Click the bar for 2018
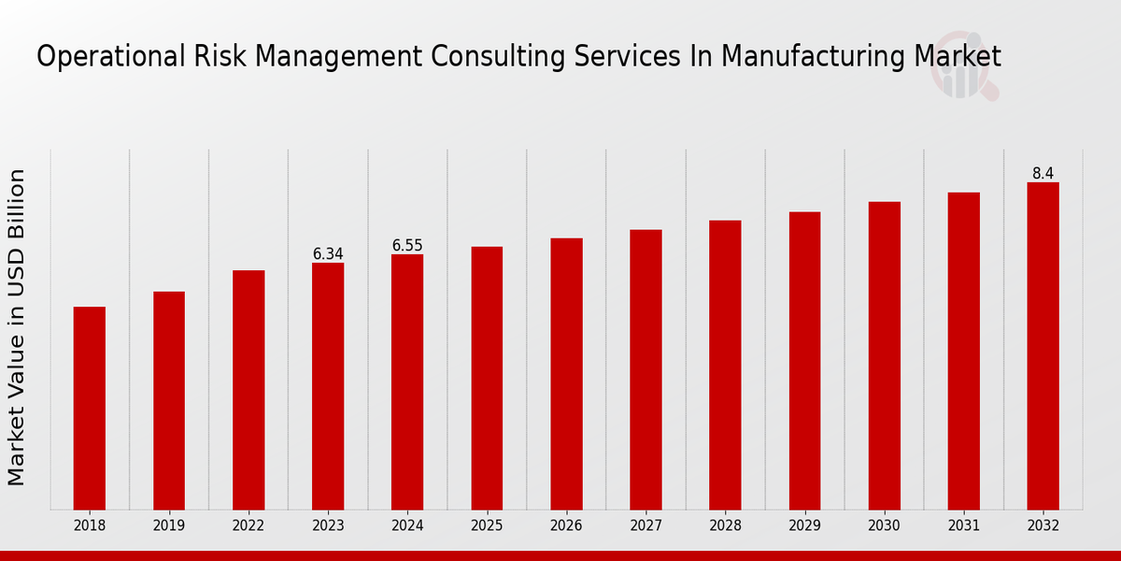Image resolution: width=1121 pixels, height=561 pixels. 90,408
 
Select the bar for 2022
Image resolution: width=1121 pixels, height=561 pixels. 248,390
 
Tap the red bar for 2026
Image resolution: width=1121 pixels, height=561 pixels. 566,374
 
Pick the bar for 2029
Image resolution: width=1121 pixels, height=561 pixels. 804,361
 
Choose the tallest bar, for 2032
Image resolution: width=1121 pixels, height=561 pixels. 1043,346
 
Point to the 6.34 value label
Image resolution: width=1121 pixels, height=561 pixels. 328,253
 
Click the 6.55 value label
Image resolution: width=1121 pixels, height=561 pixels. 407,245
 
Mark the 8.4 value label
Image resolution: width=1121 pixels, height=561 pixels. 1043,173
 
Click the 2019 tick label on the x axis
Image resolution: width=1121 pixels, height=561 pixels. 169,526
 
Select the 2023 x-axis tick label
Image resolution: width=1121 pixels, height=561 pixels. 328,526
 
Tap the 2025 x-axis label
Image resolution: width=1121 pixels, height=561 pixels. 487,526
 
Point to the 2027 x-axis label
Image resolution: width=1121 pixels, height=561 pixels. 646,526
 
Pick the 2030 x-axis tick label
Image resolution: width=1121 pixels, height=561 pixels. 884,526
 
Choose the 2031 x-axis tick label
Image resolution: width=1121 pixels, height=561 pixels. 963,526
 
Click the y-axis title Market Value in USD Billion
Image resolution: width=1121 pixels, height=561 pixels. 17,327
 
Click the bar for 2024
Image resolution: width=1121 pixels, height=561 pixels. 407,381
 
